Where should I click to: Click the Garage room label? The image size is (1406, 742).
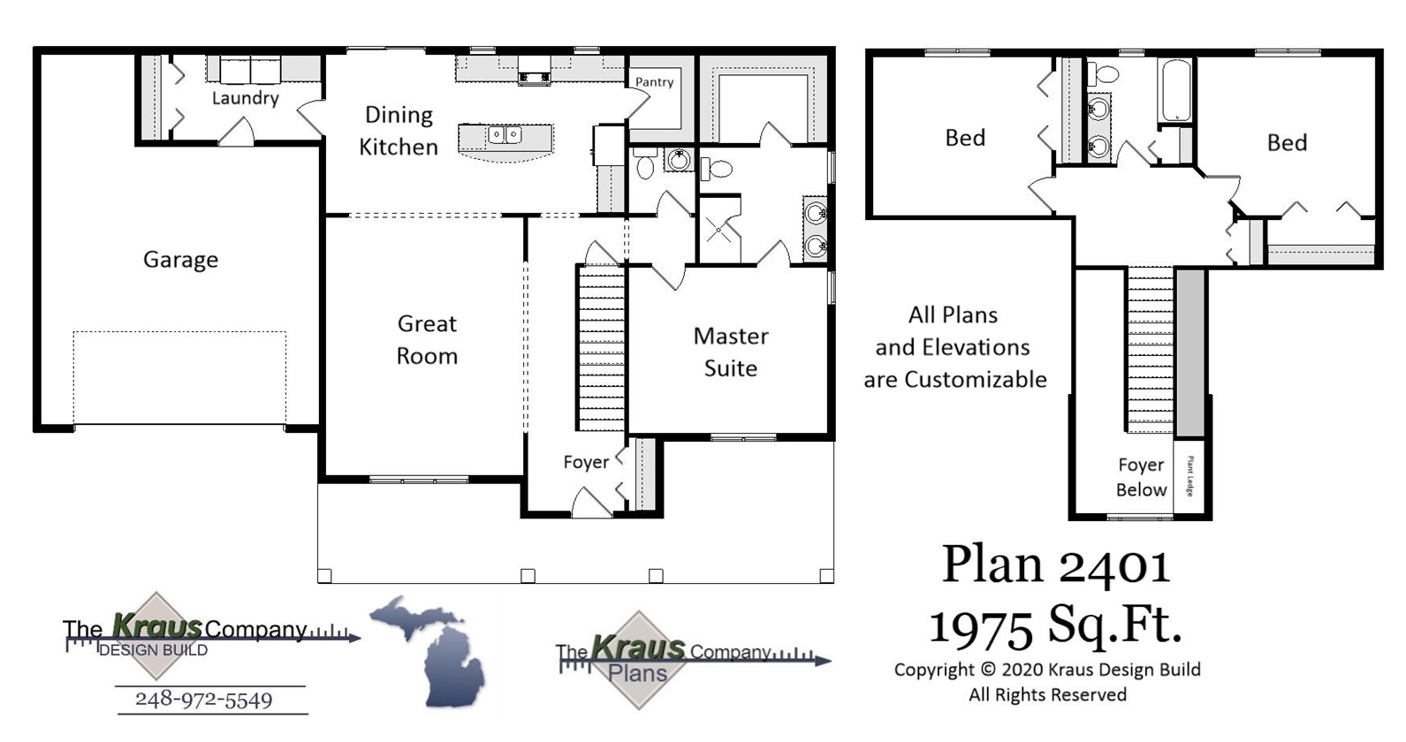180,260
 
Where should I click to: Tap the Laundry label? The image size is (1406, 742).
245,98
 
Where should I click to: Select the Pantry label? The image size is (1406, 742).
654,82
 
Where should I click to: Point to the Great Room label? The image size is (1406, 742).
427,340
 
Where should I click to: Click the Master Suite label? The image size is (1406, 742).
731,352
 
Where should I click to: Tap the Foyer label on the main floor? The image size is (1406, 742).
586,462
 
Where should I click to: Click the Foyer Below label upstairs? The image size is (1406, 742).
1141,477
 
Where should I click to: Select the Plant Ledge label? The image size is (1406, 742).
1190,476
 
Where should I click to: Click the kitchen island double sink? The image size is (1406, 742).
505,135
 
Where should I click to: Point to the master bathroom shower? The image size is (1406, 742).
718,231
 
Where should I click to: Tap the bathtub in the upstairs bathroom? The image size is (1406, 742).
1175,90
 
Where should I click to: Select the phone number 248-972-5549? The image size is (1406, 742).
203,700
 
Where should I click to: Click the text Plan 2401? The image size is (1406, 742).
1056,565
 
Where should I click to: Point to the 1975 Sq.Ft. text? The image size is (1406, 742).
1055,625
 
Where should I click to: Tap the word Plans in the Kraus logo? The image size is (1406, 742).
637,674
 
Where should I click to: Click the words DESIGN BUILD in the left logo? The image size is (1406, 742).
154,650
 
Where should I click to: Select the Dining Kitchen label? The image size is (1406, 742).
399,131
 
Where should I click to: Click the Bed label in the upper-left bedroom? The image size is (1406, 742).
965,138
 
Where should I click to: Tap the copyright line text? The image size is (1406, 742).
1047,670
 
